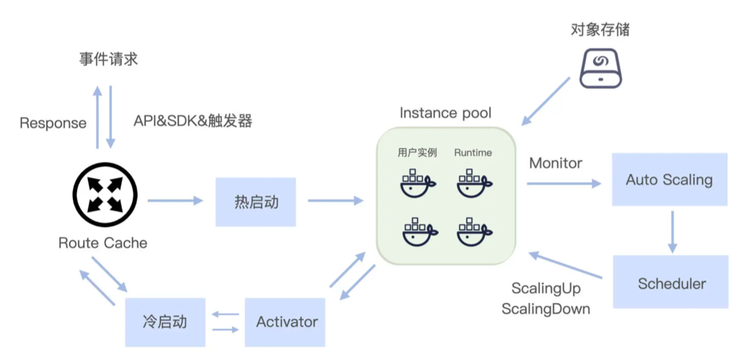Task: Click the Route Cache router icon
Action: point(105,200)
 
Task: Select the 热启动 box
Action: point(256,202)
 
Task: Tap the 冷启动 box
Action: point(165,322)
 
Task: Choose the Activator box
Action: point(285,322)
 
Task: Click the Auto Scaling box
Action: point(669,179)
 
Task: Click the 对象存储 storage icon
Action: point(601,67)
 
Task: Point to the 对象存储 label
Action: point(600,29)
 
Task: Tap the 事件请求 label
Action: point(108,59)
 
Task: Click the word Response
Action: point(53,123)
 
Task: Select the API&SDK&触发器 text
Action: point(193,121)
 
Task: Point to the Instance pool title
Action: point(445,113)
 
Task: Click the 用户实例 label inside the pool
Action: point(417,153)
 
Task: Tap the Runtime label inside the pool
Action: point(473,153)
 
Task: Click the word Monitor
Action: point(555,163)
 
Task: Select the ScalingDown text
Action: point(546,309)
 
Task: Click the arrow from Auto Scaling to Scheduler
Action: point(672,232)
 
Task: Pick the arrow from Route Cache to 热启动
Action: point(175,200)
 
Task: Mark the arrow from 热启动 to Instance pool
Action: point(335,200)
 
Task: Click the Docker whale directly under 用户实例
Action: point(418,182)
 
